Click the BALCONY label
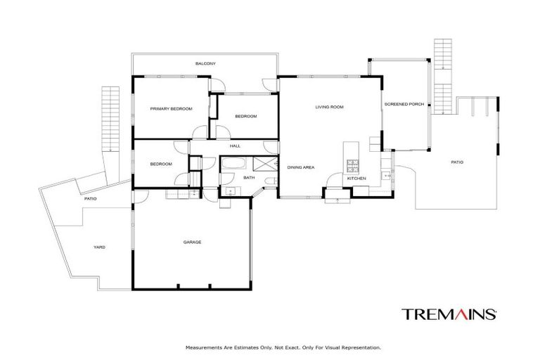point(205,64)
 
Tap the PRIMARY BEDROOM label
point(171,109)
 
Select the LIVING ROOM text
point(329,107)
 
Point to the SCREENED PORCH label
point(404,104)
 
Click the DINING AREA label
point(300,167)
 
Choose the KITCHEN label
point(356,179)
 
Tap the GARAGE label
point(192,242)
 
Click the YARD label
point(100,247)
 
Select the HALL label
point(235,146)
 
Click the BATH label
point(249,178)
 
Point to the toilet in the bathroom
point(270,184)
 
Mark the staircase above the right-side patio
point(442,70)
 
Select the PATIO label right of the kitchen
point(457,162)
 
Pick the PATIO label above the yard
point(90,199)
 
